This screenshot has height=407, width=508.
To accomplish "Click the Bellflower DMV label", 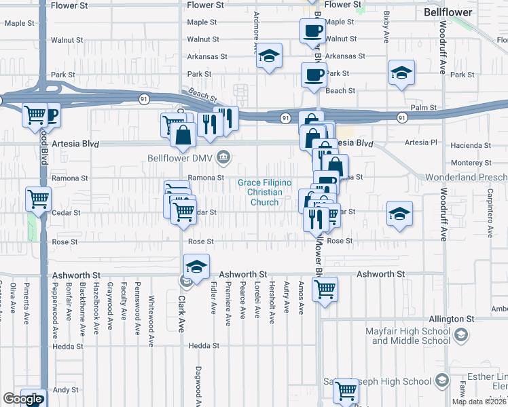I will (x=181, y=159).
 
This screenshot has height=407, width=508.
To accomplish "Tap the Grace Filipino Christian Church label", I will (x=264, y=193).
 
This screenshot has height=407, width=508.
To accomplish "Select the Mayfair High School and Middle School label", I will (x=410, y=336).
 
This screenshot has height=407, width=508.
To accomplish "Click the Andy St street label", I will (x=66, y=390).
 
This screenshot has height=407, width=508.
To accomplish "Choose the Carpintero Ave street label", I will (x=490, y=214).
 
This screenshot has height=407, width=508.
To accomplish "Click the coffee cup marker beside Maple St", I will (x=313, y=31).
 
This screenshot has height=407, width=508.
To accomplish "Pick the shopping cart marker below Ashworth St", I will (x=325, y=290).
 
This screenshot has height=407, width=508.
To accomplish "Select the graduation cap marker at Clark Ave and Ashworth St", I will (x=196, y=266).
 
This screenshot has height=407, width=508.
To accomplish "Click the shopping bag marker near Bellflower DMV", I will (x=183, y=134).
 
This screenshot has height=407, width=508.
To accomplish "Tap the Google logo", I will (x=22, y=399).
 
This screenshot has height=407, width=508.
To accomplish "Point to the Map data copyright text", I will (x=479, y=402).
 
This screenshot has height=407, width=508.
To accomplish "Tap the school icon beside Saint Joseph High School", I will (x=443, y=380).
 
